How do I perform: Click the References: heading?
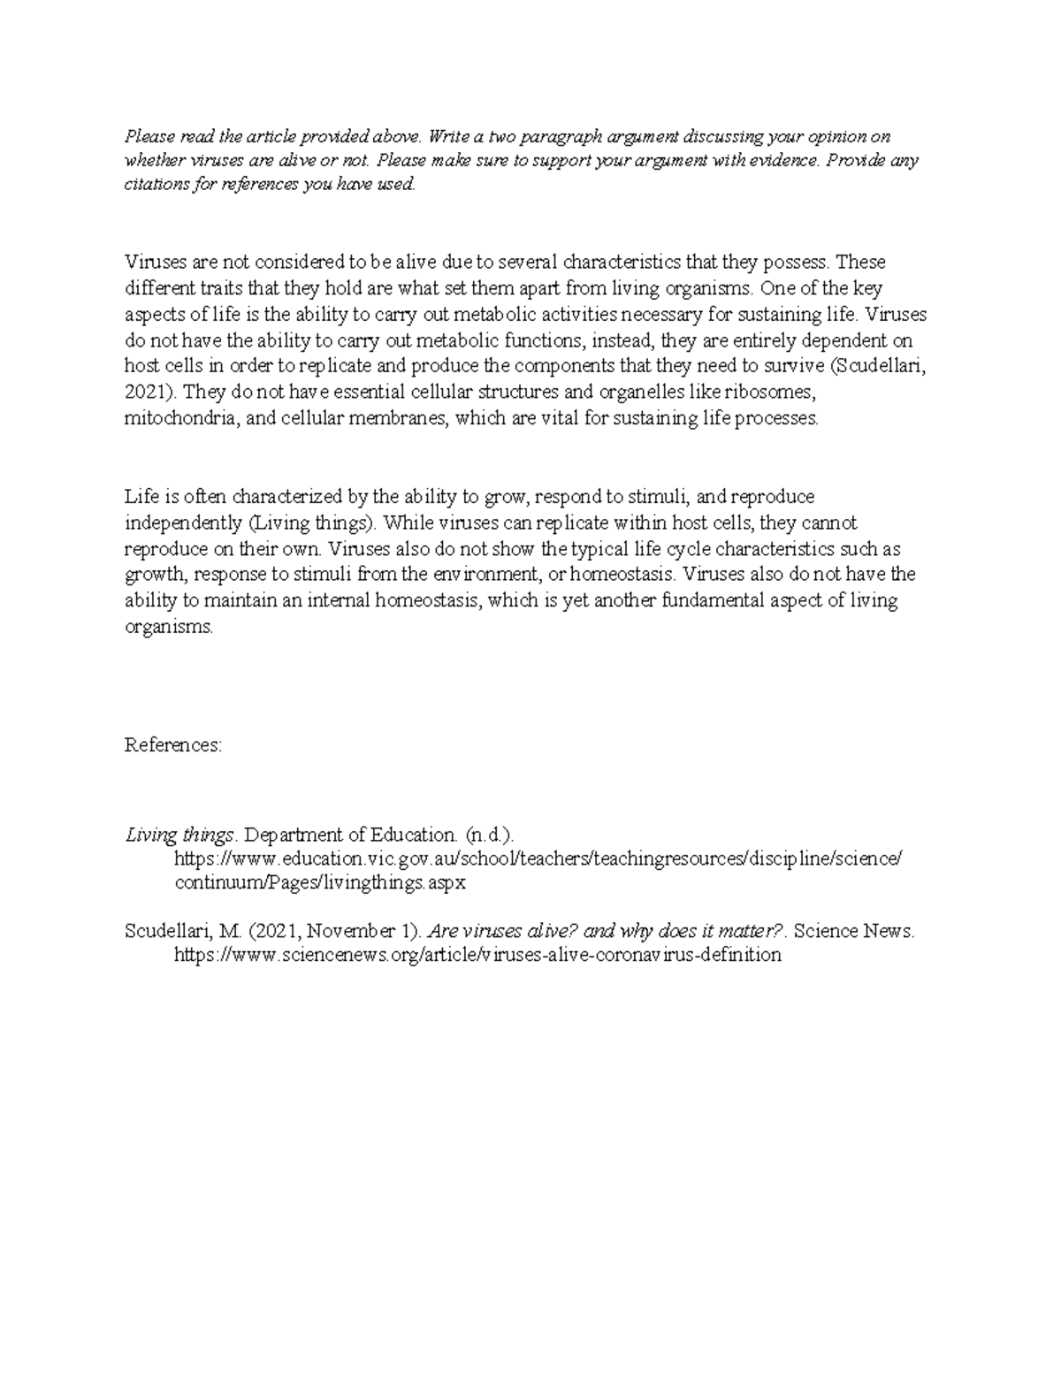tap(173, 745)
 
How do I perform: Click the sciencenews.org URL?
tap(477, 955)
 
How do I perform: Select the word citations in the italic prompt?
tap(151, 185)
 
